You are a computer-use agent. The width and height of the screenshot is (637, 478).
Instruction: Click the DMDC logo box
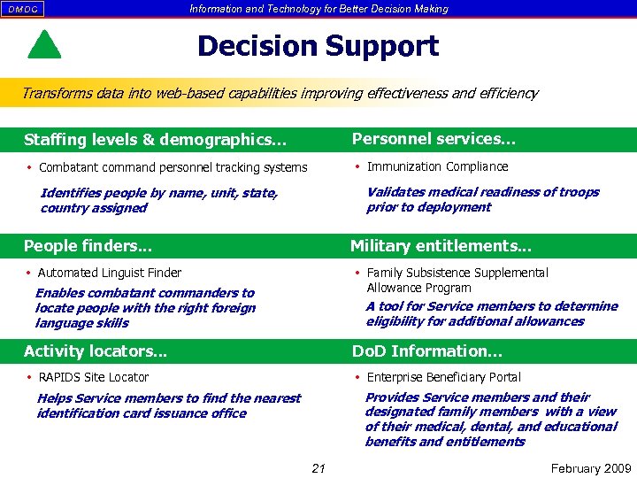coord(23,9)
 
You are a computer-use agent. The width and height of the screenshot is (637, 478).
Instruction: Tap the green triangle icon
coord(44,45)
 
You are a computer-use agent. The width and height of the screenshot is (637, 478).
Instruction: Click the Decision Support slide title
coord(318,46)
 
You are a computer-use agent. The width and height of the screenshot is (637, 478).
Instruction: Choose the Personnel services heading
coord(434,139)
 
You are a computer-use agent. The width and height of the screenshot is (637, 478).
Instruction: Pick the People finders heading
coord(88,246)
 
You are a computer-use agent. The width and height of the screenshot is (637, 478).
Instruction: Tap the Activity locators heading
coord(95,351)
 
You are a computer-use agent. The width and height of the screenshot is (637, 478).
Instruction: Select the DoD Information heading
coord(426,351)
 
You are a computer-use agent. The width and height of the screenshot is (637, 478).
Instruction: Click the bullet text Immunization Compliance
coord(437,166)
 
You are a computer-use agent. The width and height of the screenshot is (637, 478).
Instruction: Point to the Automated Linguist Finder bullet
coord(110,273)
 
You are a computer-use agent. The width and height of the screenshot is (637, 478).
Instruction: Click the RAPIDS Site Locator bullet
coord(94,377)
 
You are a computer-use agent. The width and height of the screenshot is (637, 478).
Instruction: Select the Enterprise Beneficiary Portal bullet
coord(443,377)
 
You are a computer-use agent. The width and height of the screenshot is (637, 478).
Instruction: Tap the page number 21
coord(318,468)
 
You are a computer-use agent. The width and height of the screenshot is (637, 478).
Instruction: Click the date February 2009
coord(590,468)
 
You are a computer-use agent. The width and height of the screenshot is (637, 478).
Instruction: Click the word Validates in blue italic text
coord(395,192)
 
